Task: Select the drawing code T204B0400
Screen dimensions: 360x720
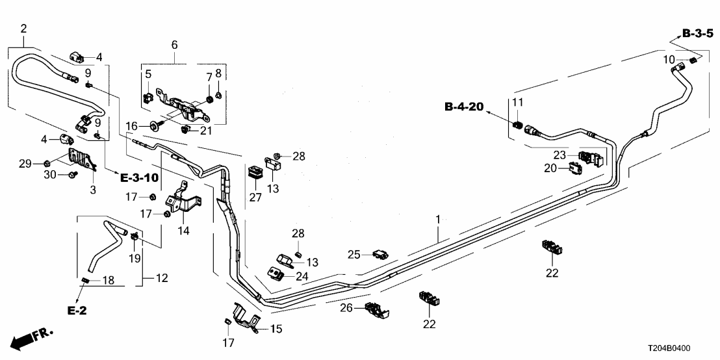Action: [679, 348]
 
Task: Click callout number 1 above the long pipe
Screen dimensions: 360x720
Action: [438, 221]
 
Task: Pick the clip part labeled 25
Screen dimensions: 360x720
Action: [381, 254]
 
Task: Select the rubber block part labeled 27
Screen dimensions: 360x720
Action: [254, 174]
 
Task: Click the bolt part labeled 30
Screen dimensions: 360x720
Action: [72, 175]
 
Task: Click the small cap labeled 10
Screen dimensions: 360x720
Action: [693, 60]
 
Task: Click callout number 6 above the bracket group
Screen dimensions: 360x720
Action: [174, 45]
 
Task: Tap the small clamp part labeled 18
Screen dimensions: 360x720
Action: [84, 280]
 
